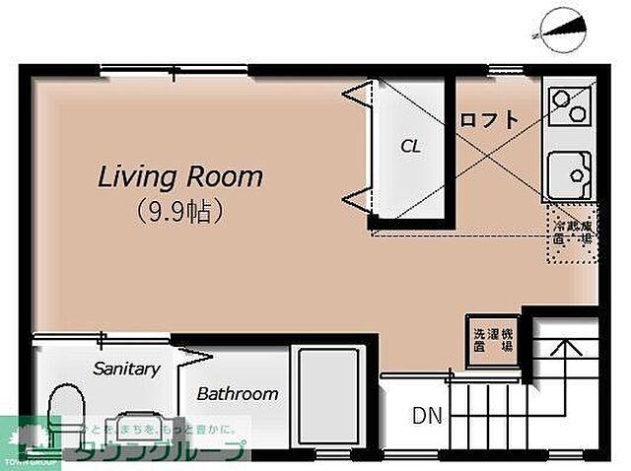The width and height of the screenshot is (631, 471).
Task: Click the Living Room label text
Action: pyautogui.click(x=179, y=177)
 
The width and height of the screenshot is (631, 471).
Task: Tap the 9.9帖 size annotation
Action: pyautogui.click(x=177, y=210)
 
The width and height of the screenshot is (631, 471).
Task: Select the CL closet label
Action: pyautogui.click(x=410, y=146)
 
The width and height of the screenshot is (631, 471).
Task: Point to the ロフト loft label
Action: pyautogui.click(x=488, y=120)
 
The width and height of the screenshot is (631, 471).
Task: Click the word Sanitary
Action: pyautogui.click(x=126, y=369)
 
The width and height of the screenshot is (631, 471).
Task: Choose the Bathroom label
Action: pyautogui.click(x=237, y=394)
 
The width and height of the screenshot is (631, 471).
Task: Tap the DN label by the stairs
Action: pyautogui.click(x=426, y=416)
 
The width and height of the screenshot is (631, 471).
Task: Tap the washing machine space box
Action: pyautogui.click(x=490, y=341)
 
